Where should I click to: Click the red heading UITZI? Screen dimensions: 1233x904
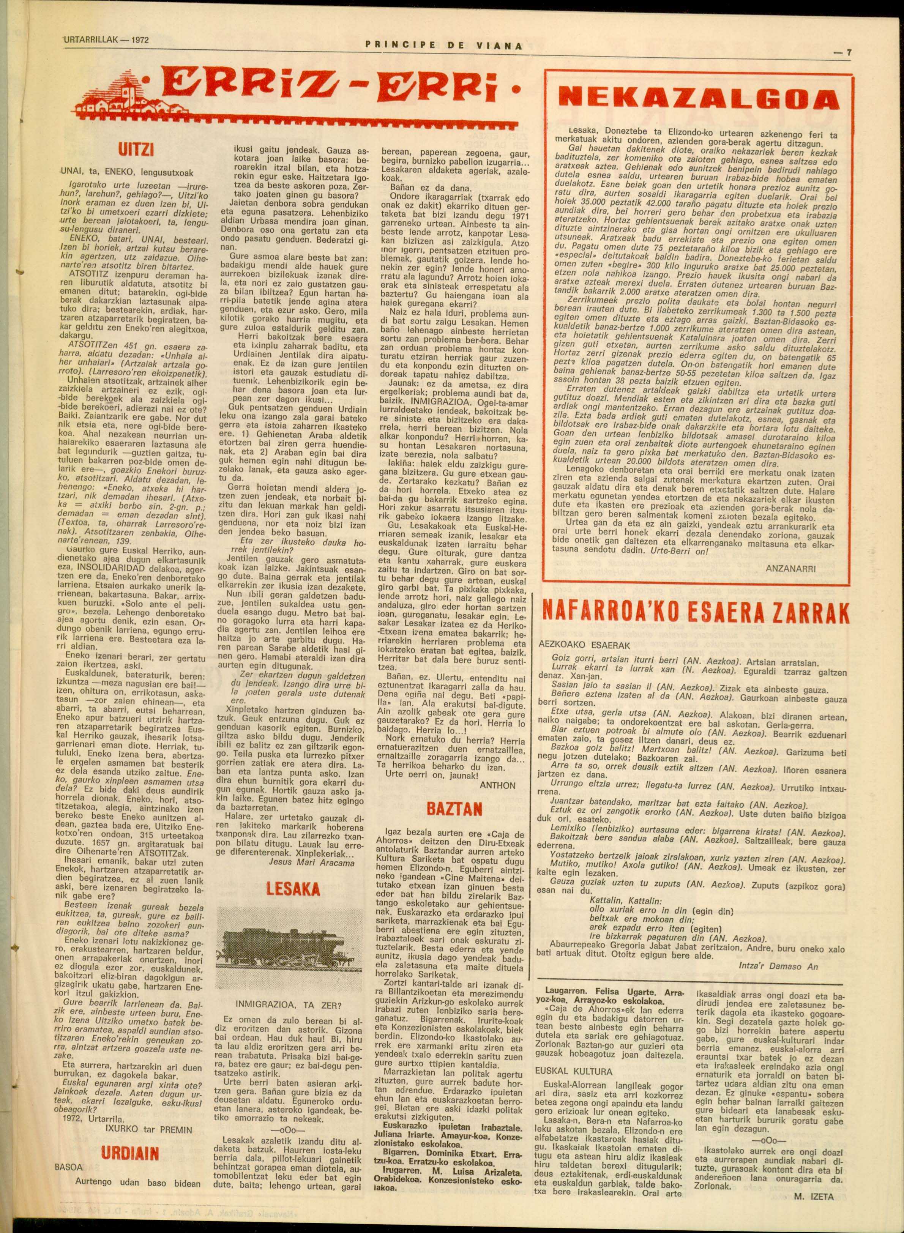tap(136, 149)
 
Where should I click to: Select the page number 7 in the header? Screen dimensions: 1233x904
tap(844, 53)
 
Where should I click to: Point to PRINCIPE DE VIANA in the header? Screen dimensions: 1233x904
tap(444, 46)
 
